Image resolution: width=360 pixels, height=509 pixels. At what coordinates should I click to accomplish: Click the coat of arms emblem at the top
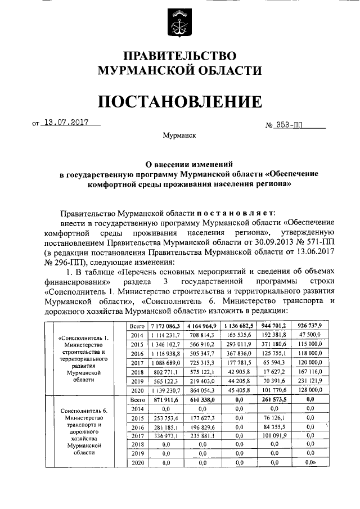tap(179, 23)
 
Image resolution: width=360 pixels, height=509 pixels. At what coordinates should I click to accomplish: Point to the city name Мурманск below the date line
tap(179, 136)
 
